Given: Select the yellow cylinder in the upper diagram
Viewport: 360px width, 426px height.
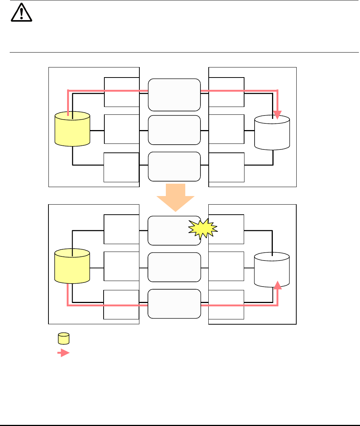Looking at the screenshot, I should click(72, 129).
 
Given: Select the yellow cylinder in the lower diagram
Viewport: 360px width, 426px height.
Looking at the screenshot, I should click(72, 267).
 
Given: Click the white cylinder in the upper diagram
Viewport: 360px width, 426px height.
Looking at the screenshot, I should click(272, 133).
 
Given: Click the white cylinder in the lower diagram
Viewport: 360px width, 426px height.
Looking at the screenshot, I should click(272, 270).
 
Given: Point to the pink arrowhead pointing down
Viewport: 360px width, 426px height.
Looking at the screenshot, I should click(278, 114).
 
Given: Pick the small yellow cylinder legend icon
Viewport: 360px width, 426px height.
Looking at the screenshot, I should click(64, 339).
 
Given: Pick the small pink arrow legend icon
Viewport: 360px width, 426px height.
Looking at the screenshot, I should click(64, 353).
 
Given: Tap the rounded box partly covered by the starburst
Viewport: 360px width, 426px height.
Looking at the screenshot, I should click(170, 230).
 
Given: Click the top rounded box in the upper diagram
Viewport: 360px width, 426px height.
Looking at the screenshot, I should click(174, 95).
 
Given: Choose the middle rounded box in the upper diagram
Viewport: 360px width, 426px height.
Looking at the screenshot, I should click(174, 130).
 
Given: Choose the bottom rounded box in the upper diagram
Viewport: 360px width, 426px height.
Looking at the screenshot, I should click(174, 166).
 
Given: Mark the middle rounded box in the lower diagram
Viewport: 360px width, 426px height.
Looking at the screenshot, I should click(174, 267).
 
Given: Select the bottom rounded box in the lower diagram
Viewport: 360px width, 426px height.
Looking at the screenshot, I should click(174, 303).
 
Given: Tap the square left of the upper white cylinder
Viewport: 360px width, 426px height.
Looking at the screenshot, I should click(227, 129).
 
